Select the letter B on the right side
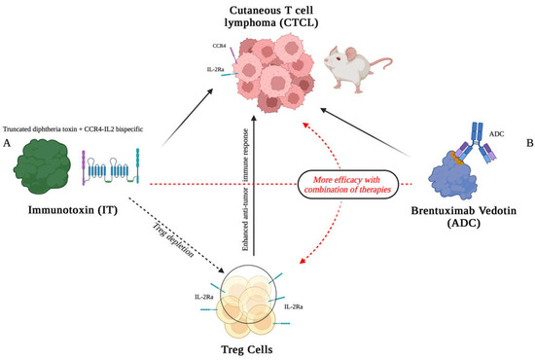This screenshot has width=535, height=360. click(526, 142)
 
